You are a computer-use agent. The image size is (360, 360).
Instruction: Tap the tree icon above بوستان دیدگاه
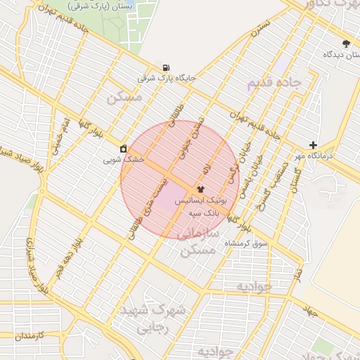[x=345, y=44]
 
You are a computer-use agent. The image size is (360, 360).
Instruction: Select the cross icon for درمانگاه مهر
[x=313, y=146]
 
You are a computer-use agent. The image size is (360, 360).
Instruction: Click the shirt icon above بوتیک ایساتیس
[x=200, y=188]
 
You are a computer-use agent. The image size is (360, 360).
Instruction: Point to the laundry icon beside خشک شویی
[x=124, y=148]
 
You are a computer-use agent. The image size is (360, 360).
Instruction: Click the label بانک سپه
[x=226, y=211]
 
